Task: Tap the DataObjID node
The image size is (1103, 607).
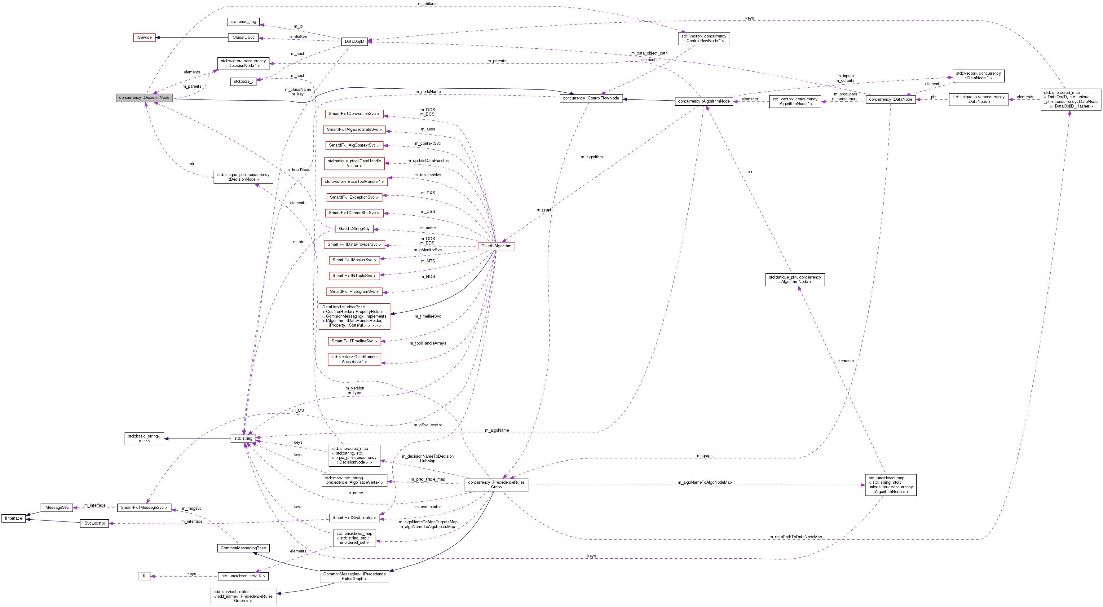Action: click(354, 42)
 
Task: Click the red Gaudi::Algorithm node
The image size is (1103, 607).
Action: click(496, 246)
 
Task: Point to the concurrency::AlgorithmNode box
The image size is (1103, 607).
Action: click(704, 101)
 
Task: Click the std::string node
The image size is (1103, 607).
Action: click(243, 438)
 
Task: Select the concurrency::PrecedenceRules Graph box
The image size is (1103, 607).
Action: click(496, 485)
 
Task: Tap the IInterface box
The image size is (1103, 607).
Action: click(13, 518)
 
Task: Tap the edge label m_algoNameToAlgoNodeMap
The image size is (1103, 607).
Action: click(704, 482)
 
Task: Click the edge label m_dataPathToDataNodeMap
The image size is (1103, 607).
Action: click(795, 537)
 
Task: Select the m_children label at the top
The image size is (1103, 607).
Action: click(427, 4)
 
